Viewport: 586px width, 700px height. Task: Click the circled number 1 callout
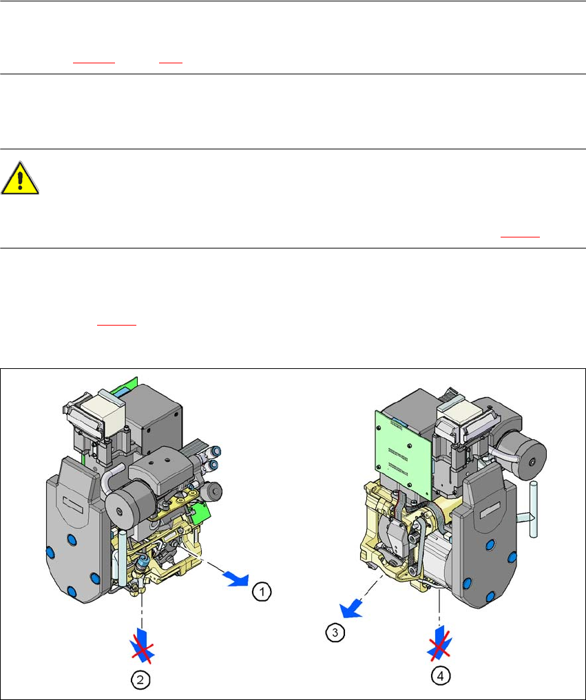tap(262, 591)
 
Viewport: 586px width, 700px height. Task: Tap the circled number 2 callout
tap(140, 680)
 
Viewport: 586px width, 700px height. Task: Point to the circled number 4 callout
tap(441, 677)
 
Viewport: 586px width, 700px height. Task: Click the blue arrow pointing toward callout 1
tap(237, 580)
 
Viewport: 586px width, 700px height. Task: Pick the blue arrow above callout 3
tap(350, 610)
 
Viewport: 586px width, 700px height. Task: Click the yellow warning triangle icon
tap(20, 178)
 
